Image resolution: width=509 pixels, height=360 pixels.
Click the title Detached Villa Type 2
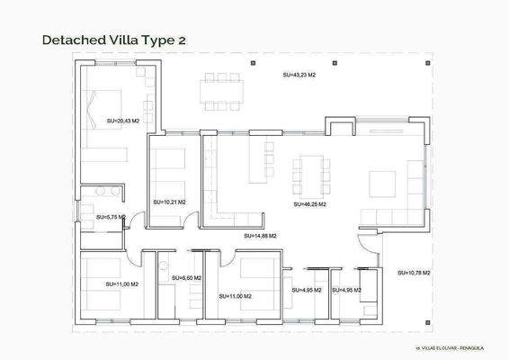114,40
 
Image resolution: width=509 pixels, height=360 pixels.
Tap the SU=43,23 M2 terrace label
299,76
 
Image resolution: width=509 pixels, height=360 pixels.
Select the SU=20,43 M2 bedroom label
123,121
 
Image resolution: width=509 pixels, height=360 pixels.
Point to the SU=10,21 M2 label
169,202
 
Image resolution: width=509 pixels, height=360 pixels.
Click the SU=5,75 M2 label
110,217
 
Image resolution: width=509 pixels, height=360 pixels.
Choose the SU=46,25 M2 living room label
309,204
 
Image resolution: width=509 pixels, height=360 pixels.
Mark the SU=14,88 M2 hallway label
260,236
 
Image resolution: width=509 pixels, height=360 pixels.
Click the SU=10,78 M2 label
414,273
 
